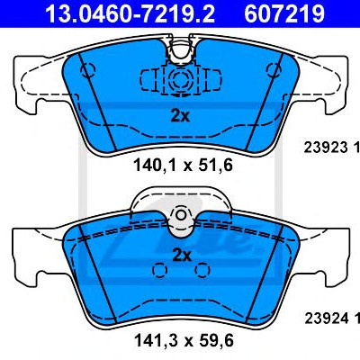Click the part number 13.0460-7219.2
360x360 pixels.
coord(130,13)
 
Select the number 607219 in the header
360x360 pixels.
coord(284,13)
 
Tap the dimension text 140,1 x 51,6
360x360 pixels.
coord(183,166)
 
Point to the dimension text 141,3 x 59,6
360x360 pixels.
coord(184,340)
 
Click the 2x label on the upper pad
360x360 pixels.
coord(180,116)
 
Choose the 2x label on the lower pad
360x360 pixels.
coord(182,256)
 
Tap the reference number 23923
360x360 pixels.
coord(326,148)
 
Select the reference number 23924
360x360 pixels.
coord(327,319)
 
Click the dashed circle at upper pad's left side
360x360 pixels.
coord(88,70)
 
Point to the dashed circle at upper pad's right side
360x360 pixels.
coord(274,70)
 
